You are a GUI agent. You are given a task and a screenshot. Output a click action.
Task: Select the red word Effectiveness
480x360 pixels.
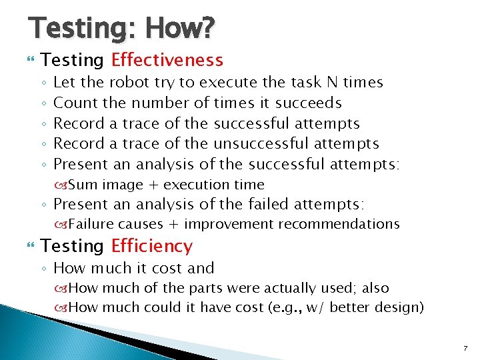[167, 61]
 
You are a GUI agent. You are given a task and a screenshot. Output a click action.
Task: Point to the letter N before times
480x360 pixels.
[331, 83]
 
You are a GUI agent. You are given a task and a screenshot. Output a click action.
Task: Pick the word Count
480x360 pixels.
[73, 103]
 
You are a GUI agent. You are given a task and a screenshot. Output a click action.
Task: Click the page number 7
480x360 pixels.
[465, 349]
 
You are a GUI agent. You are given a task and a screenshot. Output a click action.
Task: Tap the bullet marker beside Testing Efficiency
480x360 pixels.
[27, 247]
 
